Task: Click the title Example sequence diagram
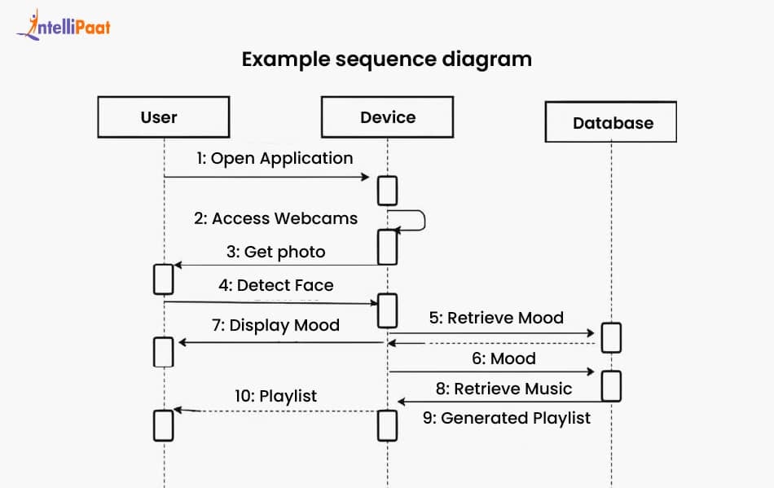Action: coord(387,59)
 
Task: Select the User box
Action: coord(163,117)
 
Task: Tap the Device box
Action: coord(387,117)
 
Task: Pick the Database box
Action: coord(612,123)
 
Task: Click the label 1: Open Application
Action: coord(274,158)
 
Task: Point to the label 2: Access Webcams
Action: coord(275,218)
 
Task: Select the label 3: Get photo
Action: coord(275,252)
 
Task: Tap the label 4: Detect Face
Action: coord(275,286)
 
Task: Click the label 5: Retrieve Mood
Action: coord(496,318)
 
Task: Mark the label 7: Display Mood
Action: coord(275,325)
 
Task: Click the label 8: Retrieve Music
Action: coord(504,389)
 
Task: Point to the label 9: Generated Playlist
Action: coord(506,418)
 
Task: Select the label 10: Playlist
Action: coord(275,397)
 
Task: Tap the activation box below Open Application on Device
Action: coord(388,190)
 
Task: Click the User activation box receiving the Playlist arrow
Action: coord(163,424)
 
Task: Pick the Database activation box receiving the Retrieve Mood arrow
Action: coord(611,337)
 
